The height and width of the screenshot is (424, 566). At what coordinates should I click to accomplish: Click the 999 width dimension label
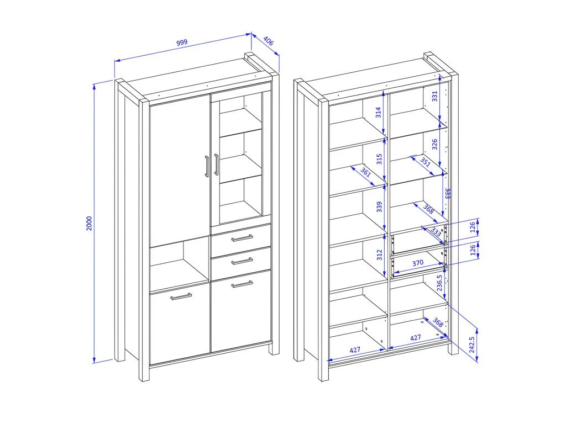click(182, 42)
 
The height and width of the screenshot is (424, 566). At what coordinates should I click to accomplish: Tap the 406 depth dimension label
click(268, 41)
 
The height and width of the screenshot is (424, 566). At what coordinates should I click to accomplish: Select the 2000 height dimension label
click(89, 224)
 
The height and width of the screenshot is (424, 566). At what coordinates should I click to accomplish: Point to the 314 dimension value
click(378, 113)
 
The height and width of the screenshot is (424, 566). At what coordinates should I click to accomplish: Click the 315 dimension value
click(379, 159)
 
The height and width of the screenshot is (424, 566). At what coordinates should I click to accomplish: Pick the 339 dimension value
click(379, 207)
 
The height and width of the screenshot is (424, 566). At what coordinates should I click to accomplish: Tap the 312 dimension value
click(379, 255)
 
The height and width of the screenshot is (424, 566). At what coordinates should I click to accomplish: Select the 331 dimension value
click(434, 96)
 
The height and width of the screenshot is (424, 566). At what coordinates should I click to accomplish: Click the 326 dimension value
click(434, 144)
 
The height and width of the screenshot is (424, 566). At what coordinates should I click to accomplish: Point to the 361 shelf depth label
click(366, 173)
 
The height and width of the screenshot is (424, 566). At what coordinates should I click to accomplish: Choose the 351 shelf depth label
click(426, 162)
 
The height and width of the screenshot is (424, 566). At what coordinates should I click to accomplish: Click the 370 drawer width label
click(418, 263)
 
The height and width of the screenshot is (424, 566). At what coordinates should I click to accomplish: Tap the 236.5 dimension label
click(439, 283)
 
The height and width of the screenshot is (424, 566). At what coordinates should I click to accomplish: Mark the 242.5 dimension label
click(471, 344)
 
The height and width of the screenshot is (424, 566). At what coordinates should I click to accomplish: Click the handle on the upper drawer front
click(242, 237)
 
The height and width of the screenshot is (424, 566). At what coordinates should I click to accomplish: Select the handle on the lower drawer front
click(242, 261)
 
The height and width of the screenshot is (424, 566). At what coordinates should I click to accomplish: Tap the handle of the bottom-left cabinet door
click(181, 296)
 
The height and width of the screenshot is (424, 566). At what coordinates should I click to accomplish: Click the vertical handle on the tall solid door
click(207, 166)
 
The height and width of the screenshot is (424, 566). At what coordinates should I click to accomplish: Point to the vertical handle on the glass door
click(216, 165)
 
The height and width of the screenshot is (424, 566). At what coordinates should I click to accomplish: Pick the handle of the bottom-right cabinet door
click(242, 284)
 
